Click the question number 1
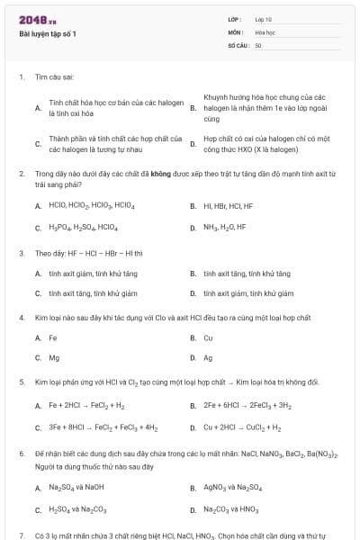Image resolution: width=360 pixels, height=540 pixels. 21,77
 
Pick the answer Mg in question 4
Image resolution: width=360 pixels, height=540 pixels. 54,357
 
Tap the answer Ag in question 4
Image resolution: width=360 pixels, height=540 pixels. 208,357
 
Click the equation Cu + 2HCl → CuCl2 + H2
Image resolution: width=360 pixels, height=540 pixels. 242,427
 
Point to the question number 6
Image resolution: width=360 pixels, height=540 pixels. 21,456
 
